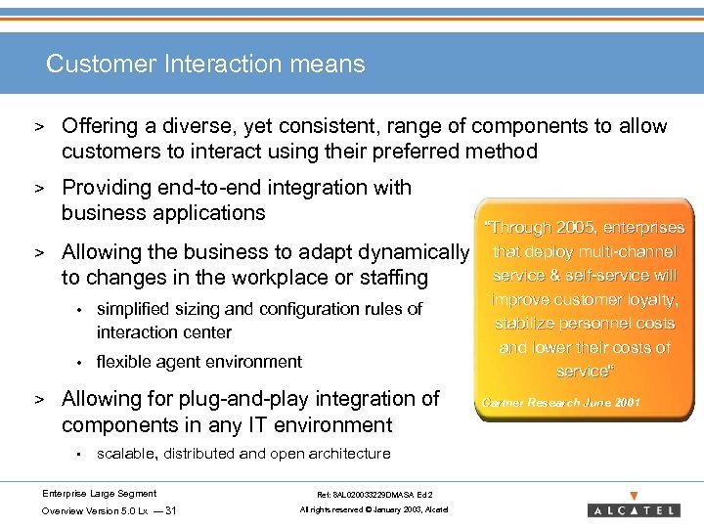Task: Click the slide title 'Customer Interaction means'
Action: click(x=205, y=65)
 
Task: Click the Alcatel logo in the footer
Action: click(x=634, y=510)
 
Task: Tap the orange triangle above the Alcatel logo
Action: click(x=634, y=496)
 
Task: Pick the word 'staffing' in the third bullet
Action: click(x=390, y=278)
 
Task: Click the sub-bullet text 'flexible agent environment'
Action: click(x=199, y=362)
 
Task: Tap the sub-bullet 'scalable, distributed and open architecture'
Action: click(x=243, y=454)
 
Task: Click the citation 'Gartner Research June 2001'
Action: click(x=562, y=401)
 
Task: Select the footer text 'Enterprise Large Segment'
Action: click(x=99, y=494)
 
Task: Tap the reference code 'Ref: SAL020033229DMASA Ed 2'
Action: click(x=368, y=495)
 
